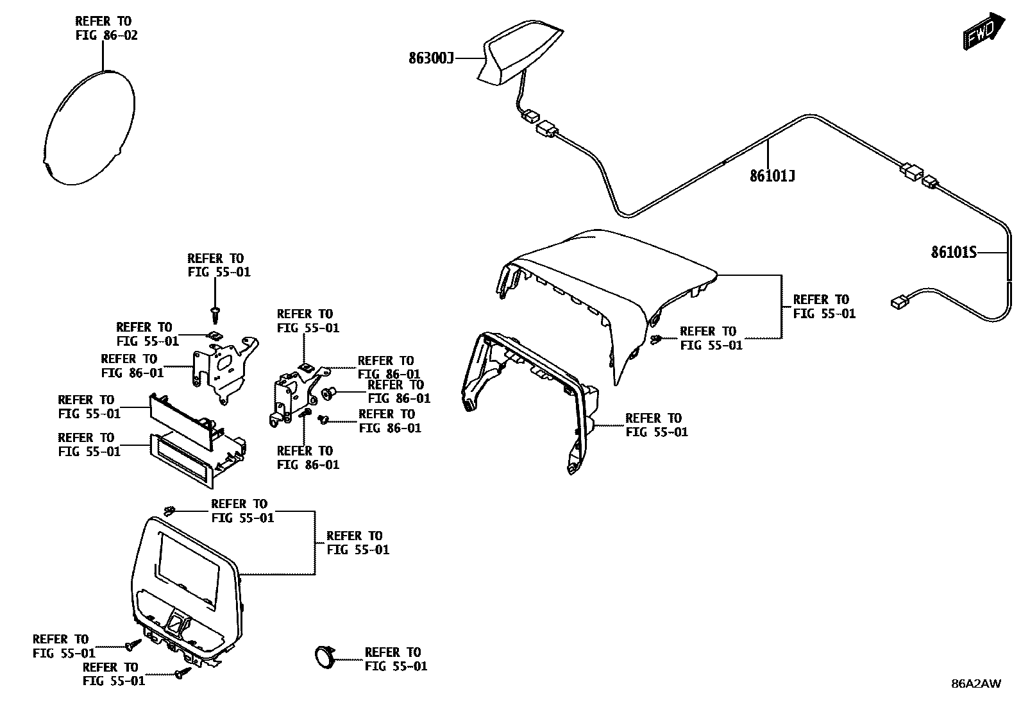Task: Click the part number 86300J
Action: click(431, 59)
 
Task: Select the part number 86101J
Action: click(772, 175)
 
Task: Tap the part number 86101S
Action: click(953, 253)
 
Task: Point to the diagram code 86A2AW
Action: click(975, 683)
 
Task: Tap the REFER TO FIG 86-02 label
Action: click(106, 28)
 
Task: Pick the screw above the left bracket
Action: click(216, 313)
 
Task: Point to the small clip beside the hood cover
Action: click(656, 339)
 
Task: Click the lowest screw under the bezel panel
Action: click(183, 673)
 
